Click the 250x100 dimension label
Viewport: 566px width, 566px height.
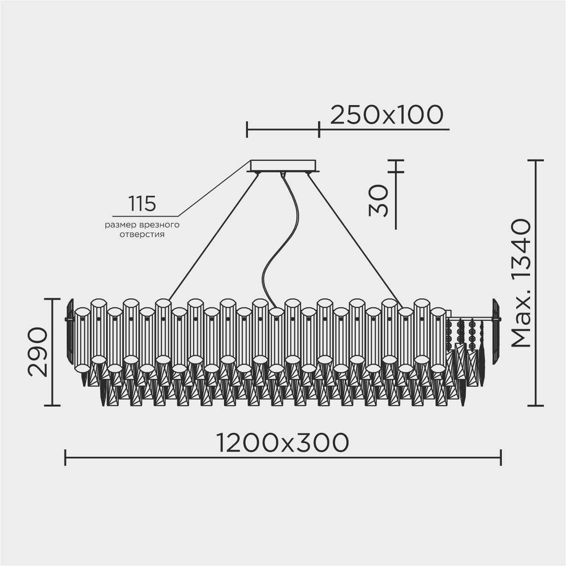pyautogui.click(x=386, y=115)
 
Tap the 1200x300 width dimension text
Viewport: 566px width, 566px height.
pyautogui.click(x=282, y=443)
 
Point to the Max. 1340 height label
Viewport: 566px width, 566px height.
pyautogui.click(x=520, y=282)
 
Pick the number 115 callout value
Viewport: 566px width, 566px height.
pyautogui.click(x=141, y=203)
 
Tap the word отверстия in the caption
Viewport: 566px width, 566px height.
pyautogui.click(x=141, y=234)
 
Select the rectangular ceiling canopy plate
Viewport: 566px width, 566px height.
pyautogui.click(x=283, y=166)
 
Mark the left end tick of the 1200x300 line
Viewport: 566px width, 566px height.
pyautogui.click(x=66, y=457)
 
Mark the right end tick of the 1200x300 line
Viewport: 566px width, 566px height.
pyautogui.click(x=501, y=457)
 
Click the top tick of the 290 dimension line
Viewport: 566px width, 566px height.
pyautogui.click(x=52, y=299)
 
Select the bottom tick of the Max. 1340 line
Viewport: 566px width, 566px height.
pyautogui.click(x=535, y=405)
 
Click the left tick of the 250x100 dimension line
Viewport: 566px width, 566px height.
pyautogui.click(x=247, y=130)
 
